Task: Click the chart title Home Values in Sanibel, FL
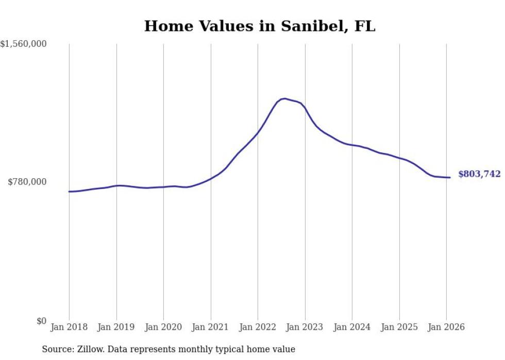pyautogui.click(x=260, y=26)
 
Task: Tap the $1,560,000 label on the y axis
pyautogui.click(x=24, y=44)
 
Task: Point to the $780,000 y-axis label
pyautogui.click(x=27, y=182)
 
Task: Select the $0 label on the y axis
pyautogui.click(x=41, y=321)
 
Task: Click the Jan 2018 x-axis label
pyautogui.click(x=69, y=328)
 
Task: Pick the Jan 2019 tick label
pyautogui.click(x=116, y=328)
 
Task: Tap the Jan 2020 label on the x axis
pyautogui.click(x=163, y=328)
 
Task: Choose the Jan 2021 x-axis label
pyautogui.click(x=210, y=328)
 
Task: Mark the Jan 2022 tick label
pyautogui.click(x=258, y=328)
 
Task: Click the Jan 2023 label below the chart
pyautogui.click(x=305, y=328)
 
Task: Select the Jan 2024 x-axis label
pyautogui.click(x=352, y=328)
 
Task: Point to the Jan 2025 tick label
pyautogui.click(x=399, y=328)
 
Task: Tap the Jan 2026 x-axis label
pyautogui.click(x=446, y=328)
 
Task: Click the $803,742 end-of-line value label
pyautogui.click(x=479, y=174)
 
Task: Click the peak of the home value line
pyautogui.click(x=284, y=98)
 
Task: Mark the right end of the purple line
pyautogui.click(x=450, y=178)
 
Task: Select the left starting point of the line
pyautogui.click(x=69, y=192)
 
